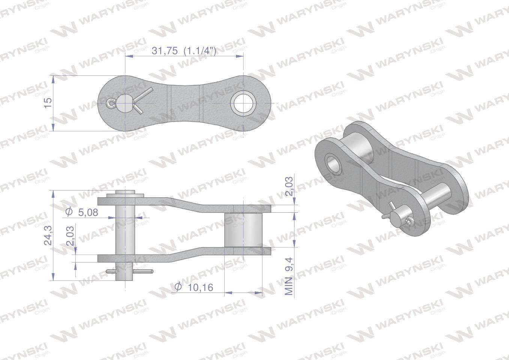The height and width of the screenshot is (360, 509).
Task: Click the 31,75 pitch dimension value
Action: pos(165,51)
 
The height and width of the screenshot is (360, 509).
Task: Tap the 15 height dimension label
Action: pos(48,103)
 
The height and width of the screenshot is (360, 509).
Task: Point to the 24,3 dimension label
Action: pos(48,235)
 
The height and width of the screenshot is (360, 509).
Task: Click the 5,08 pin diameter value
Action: pos(88,213)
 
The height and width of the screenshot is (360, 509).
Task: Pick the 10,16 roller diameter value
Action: pos(201,288)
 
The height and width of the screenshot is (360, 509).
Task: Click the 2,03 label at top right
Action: pos(290,186)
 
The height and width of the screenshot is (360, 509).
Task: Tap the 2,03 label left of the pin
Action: pos(71,236)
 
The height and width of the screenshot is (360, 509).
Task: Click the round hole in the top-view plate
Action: pos(243,103)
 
